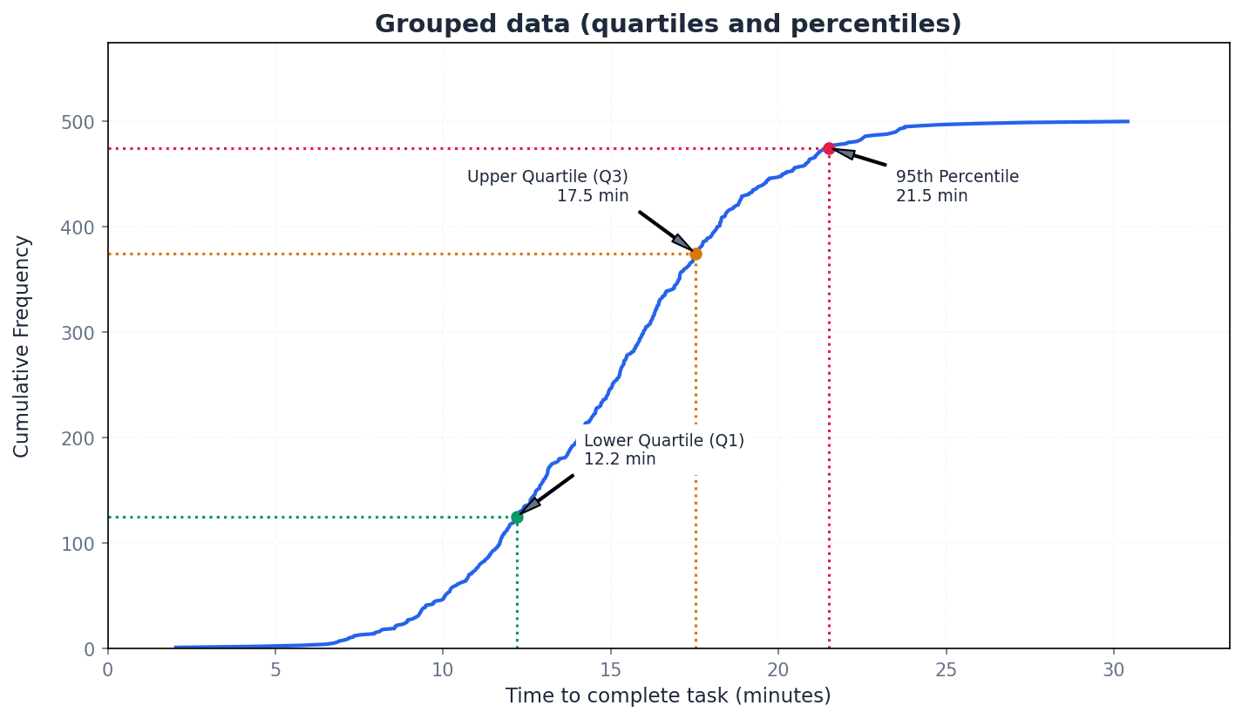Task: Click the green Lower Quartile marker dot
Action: point(517,518)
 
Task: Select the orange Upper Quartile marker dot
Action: point(696,254)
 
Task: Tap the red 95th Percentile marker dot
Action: point(829,149)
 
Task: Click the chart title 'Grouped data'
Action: point(668,24)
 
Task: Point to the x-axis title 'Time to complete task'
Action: point(668,696)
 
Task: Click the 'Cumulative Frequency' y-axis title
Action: point(22,346)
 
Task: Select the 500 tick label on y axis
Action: point(78,122)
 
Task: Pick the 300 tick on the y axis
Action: point(78,333)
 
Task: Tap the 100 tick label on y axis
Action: point(78,544)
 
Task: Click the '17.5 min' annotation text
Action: point(593,196)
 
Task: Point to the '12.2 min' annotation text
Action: point(620,459)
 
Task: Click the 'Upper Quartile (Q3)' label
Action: point(547,177)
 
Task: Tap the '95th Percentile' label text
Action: point(957,177)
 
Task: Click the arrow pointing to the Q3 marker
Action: point(667,231)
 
